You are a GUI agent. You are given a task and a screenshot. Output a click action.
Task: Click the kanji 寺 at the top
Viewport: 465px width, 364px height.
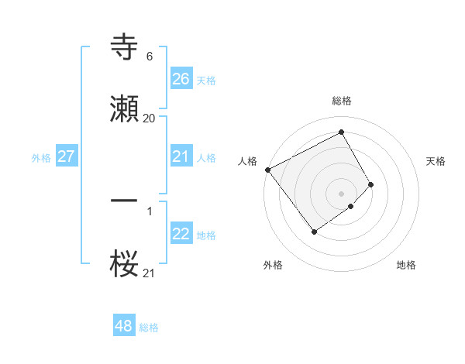pos(125,46)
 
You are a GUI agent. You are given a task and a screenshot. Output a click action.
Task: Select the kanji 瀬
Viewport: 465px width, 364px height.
pos(125,108)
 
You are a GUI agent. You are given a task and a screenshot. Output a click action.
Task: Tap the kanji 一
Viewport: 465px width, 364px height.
pos(125,200)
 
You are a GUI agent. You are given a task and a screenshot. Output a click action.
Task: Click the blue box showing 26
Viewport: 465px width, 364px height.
pos(181,79)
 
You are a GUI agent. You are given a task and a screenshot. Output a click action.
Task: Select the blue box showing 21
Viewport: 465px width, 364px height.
pos(181,156)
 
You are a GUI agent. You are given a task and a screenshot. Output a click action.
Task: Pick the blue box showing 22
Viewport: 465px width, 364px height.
pos(181,234)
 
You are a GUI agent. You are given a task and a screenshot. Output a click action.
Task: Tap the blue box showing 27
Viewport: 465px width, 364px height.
pos(66,156)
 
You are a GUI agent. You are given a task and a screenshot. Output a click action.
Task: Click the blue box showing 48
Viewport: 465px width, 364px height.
pos(123,326)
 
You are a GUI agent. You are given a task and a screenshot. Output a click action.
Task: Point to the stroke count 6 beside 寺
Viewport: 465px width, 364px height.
pos(149,57)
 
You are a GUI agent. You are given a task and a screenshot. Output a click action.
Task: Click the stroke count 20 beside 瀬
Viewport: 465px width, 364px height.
pos(149,118)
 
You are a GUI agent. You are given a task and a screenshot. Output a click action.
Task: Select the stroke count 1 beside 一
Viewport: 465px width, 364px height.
pos(149,210)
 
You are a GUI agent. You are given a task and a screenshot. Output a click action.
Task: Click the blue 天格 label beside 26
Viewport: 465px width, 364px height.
pos(205,81)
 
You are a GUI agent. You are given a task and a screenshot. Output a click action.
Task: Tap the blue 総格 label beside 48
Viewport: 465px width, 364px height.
pos(149,328)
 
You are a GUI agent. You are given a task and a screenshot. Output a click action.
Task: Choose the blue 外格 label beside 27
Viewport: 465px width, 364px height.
pos(41,158)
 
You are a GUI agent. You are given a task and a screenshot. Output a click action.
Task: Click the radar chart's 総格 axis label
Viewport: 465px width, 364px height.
pos(342,101)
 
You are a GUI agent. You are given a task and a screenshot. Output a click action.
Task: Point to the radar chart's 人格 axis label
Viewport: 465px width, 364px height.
pos(248,161)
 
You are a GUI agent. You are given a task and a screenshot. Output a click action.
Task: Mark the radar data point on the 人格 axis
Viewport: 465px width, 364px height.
pos(267,170)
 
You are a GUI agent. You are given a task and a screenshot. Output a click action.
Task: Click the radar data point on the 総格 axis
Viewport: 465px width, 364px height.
pos(342,132)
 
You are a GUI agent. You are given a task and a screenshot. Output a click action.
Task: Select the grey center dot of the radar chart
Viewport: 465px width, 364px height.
pos(341,193)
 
